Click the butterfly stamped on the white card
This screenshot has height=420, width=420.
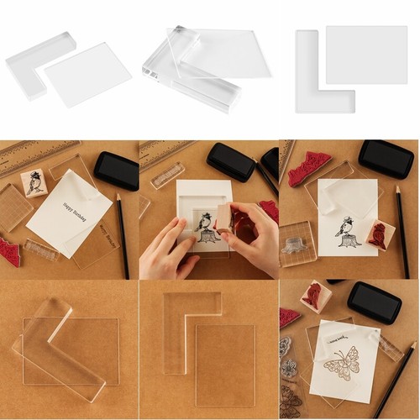(345, 363)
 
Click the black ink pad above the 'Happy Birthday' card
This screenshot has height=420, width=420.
(116, 171)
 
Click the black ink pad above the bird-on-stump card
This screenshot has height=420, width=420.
(386, 157)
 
